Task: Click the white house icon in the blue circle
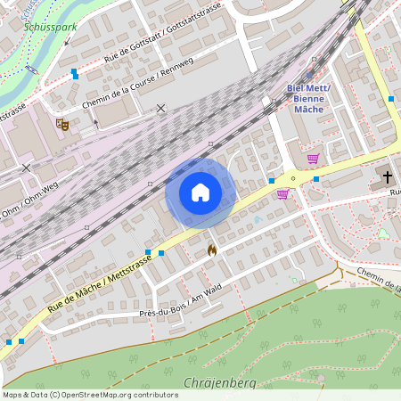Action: coord(200,192)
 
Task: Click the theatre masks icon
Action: coord(61,124)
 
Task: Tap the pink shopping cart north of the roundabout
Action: coord(313,159)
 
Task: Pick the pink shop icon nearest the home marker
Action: coord(282,193)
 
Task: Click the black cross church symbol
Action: coord(388,177)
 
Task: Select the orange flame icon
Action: coord(211,250)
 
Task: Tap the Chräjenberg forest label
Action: coord(218,383)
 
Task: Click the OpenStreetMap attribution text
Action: coord(90,395)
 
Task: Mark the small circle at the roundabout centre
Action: coord(293,177)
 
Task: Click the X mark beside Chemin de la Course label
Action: coord(160,108)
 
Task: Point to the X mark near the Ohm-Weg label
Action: coord(26,167)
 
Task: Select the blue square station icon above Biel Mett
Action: coord(311,76)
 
